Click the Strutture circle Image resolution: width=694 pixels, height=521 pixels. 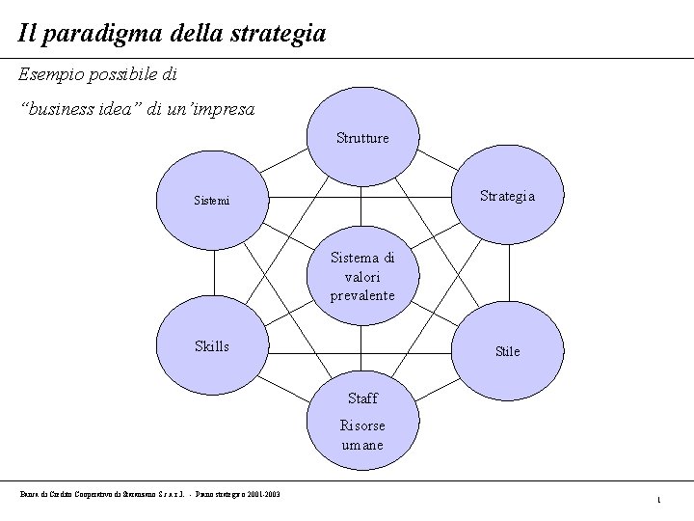362,136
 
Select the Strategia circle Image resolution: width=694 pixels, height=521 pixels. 507,195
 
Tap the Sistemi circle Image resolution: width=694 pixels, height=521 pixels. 212,201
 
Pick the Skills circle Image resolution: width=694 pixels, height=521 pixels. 212,345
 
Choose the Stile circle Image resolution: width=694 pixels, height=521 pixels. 507,350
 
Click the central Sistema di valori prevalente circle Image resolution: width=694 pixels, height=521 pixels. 362,276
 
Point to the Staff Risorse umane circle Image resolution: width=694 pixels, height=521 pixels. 362,423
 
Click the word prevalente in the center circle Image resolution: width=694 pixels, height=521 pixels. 362,295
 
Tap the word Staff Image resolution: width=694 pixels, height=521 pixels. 362,398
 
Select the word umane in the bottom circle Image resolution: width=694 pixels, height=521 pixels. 362,445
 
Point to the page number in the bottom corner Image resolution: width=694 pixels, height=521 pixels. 657,499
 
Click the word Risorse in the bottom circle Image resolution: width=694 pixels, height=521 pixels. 362,425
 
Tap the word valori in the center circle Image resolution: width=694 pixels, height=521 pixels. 362,277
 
